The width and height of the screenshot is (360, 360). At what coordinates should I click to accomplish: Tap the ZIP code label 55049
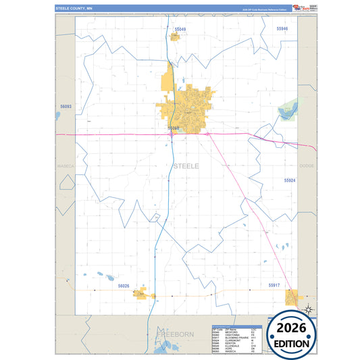pos(180,30)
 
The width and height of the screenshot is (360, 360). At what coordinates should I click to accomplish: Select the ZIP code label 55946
pos(282,29)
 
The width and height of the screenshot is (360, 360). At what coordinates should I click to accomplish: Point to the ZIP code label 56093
pos(66,107)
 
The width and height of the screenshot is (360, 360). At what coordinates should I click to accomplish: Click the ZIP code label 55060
pos(174,128)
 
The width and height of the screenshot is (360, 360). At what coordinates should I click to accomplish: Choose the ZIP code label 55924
pos(290,181)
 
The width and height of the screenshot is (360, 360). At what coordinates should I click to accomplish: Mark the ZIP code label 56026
pos(124,286)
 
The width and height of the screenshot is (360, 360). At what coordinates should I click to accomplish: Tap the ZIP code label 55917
pos(274,286)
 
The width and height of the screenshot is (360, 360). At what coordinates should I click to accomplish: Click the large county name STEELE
pos(186,165)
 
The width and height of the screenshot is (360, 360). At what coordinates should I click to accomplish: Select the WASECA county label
pos(65,165)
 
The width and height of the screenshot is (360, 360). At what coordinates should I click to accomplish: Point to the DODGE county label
pos(307,165)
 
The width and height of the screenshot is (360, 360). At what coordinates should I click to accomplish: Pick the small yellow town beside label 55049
pos(174,36)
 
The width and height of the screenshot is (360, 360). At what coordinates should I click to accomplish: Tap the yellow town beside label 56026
pos(140,294)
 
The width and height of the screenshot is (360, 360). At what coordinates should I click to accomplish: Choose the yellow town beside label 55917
pos(292,297)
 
